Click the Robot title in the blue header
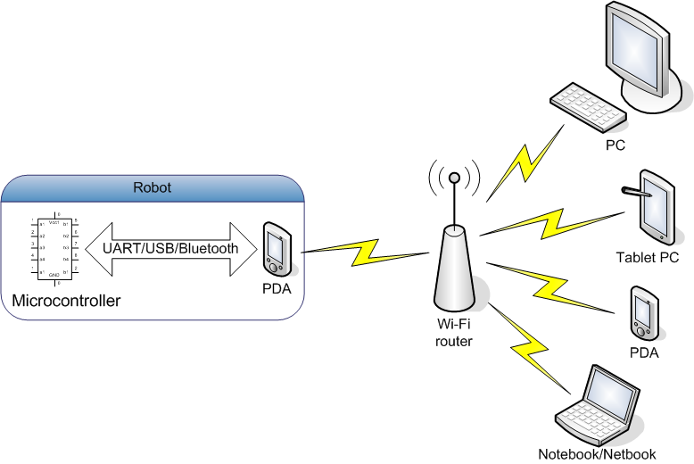152,187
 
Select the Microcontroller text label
66,302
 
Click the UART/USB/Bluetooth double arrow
170,249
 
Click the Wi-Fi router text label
454,333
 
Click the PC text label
615,145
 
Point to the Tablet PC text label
647,258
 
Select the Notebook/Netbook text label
597,453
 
